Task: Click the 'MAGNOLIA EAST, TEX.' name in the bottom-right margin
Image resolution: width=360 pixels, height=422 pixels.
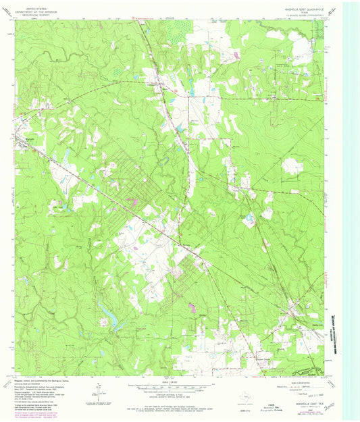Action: [305, 400]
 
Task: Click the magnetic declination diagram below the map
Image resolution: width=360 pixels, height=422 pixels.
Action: [99, 394]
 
